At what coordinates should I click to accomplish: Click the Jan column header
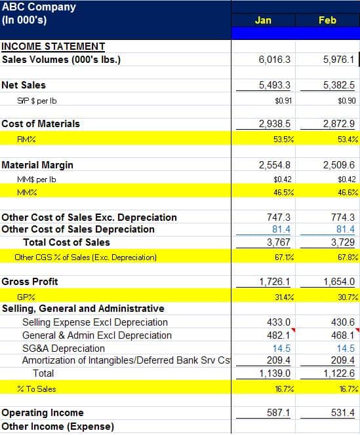pos(262,20)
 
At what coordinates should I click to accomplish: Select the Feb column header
pos(327,20)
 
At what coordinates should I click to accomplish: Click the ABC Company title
pos(39,7)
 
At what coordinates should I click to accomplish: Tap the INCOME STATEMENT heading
pos(53,47)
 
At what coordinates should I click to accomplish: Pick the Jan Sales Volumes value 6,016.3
pos(275,60)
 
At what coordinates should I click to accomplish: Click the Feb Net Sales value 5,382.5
pos(339,85)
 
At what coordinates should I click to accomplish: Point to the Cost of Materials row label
pos(41,124)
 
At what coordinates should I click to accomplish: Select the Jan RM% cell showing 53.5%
pos(283,139)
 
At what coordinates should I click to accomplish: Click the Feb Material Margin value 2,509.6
pos(339,165)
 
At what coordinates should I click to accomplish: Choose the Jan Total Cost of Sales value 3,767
pos(280,242)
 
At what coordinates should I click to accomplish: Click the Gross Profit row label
pos(30,282)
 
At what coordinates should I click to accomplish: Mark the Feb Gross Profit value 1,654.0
pos(339,282)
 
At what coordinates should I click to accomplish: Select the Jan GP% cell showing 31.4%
pos(283,297)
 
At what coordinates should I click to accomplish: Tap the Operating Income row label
pos(43,413)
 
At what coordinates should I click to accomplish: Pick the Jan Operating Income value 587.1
pos(278,413)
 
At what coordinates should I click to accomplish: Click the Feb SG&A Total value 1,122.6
pos(339,373)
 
